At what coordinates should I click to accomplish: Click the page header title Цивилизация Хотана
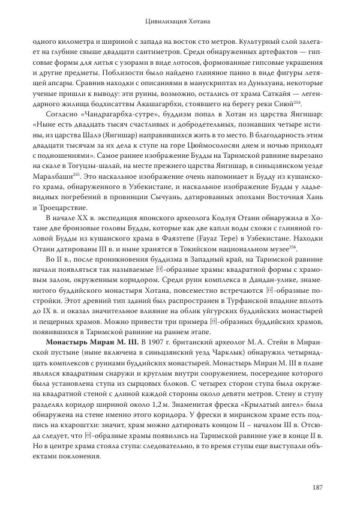click(x=180, y=22)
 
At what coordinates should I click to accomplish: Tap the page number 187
click(x=319, y=487)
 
